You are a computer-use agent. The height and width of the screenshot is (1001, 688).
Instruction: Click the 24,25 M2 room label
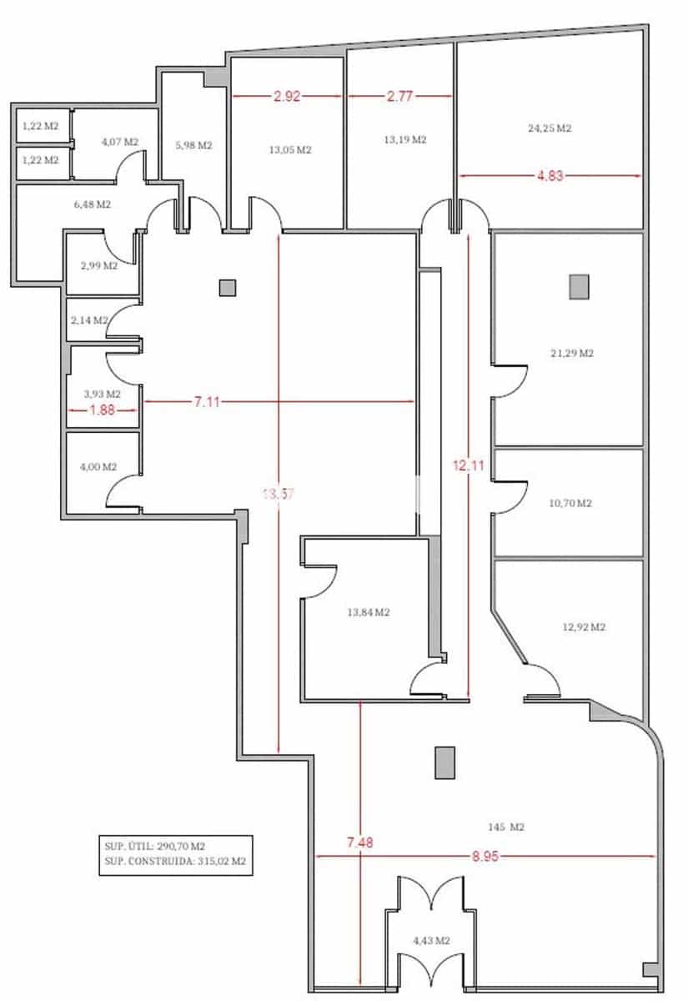[550, 128]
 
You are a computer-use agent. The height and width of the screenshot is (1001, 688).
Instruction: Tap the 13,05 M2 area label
[290, 150]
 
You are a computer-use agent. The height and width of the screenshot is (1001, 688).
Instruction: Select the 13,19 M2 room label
[405, 140]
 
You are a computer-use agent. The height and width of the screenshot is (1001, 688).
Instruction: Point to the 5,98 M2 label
[193, 145]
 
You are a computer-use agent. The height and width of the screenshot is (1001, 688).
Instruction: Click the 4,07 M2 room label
[119, 142]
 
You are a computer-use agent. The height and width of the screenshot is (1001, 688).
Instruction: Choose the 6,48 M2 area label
[92, 204]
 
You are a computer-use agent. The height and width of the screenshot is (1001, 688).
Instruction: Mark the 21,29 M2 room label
[572, 354]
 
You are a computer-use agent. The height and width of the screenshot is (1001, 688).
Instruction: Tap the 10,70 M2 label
[570, 504]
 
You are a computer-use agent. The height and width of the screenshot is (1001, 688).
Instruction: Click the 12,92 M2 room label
[584, 627]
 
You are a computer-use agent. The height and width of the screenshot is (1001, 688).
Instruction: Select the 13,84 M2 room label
[369, 612]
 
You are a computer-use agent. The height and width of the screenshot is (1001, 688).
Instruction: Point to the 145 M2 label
[505, 827]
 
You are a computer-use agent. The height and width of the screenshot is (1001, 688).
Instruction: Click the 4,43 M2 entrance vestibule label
[432, 941]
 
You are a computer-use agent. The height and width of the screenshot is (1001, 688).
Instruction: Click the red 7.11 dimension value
[208, 402]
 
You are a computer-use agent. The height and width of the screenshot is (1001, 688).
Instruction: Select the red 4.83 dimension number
[550, 176]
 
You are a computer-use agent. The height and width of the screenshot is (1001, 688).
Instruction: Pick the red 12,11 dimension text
[469, 465]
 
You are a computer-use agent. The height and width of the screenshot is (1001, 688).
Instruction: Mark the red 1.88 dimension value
[103, 410]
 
